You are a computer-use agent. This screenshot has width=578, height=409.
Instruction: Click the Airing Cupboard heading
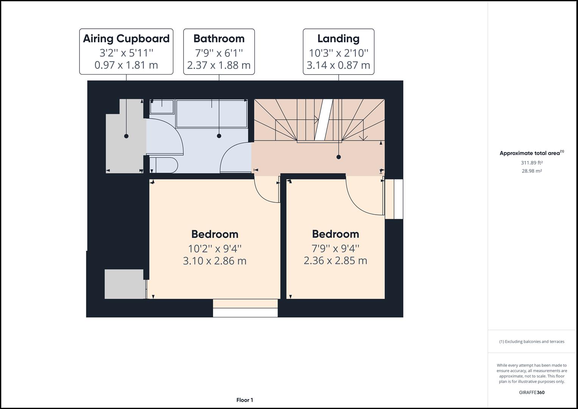(126, 39)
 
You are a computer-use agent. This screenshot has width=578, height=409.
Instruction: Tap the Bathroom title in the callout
(219, 39)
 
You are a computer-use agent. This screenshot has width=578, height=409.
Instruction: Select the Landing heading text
(338, 39)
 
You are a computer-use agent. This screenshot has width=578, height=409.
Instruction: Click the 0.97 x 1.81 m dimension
(126, 65)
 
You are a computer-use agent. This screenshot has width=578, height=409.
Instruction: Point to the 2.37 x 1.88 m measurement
(219, 65)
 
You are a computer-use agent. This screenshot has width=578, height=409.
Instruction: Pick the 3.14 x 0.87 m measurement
(338, 65)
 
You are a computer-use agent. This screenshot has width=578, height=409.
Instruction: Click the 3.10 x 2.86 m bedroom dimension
(215, 261)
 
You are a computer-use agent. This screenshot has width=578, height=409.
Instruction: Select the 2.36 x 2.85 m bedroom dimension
(335, 261)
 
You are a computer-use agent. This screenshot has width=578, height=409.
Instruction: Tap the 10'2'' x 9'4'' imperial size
(215, 249)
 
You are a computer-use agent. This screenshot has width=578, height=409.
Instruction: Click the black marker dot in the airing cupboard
(126, 136)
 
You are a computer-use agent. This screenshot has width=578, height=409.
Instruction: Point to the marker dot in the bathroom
(219, 136)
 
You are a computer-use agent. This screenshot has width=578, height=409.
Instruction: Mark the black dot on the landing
(338, 157)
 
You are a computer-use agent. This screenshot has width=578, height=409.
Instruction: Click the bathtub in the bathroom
(212, 114)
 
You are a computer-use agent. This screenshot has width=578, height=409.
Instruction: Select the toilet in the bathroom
(164, 165)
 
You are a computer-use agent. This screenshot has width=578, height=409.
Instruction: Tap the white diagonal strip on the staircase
(324, 120)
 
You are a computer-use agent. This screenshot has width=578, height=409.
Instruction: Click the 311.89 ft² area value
(532, 163)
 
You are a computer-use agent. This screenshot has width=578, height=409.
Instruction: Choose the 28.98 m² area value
(532, 171)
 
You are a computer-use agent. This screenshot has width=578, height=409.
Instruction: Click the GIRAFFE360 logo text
(532, 392)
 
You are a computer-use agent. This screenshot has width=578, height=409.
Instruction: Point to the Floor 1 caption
(245, 400)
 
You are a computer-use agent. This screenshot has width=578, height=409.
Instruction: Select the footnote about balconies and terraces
(532, 342)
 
